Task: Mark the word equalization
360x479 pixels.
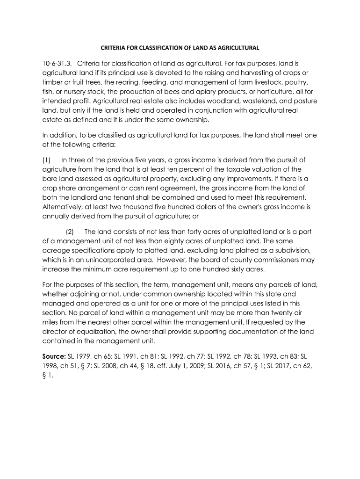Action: coord(96,331)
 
